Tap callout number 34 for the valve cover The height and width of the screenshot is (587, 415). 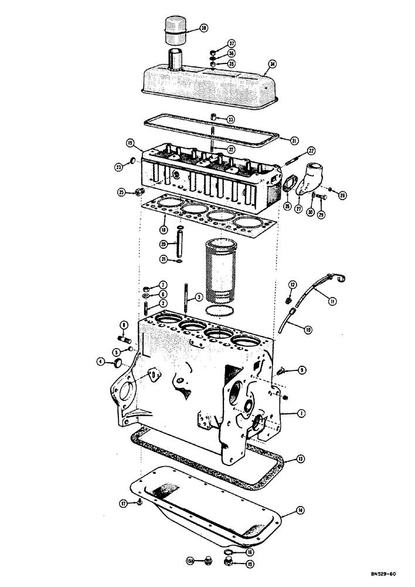[x=271, y=64]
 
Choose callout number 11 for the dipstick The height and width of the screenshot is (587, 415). [x=332, y=301]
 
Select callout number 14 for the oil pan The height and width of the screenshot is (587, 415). [x=300, y=511]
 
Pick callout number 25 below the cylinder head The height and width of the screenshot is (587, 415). [x=121, y=192]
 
